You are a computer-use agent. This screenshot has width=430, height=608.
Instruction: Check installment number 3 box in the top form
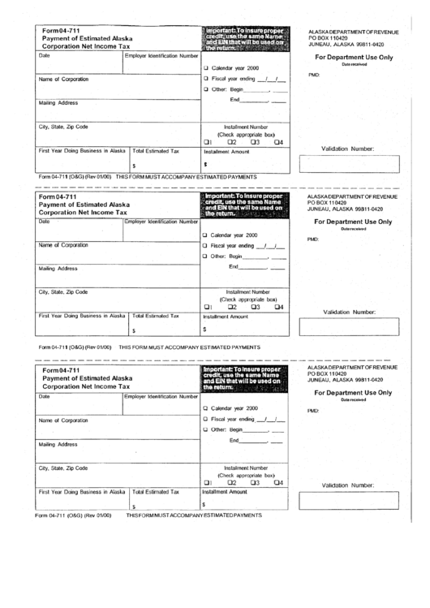tap(253, 143)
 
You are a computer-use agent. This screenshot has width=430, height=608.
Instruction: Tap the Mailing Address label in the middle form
tap(57, 268)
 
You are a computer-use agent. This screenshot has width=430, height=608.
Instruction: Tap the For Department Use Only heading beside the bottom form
tap(353, 392)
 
